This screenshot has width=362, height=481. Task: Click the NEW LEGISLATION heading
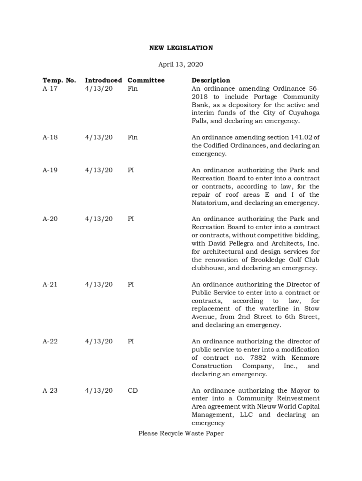tap(181, 48)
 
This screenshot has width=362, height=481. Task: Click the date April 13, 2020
tap(181, 64)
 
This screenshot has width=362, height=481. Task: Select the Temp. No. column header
tap(59, 80)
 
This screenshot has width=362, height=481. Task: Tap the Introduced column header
tap(103, 80)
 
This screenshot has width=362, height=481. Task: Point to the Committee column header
tap(146, 80)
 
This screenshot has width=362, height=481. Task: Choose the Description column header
tap(211, 80)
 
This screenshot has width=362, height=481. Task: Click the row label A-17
tap(50, 88)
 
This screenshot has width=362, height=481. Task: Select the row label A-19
tap(50, 170)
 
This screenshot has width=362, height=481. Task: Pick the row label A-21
tap(50, 284)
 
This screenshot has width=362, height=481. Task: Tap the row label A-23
tap(50, 390)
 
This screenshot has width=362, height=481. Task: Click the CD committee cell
tap(133, 390)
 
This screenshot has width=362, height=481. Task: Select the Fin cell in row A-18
tap(133, 137)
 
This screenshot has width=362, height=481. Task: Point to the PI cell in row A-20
tap(131, 219)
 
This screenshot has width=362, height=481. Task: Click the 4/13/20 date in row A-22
tap(99, 341)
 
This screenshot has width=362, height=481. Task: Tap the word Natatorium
tap(209, 203)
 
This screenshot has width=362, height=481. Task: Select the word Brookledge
tap(266, 260)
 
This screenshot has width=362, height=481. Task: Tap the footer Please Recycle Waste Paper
tap(181, 434)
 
